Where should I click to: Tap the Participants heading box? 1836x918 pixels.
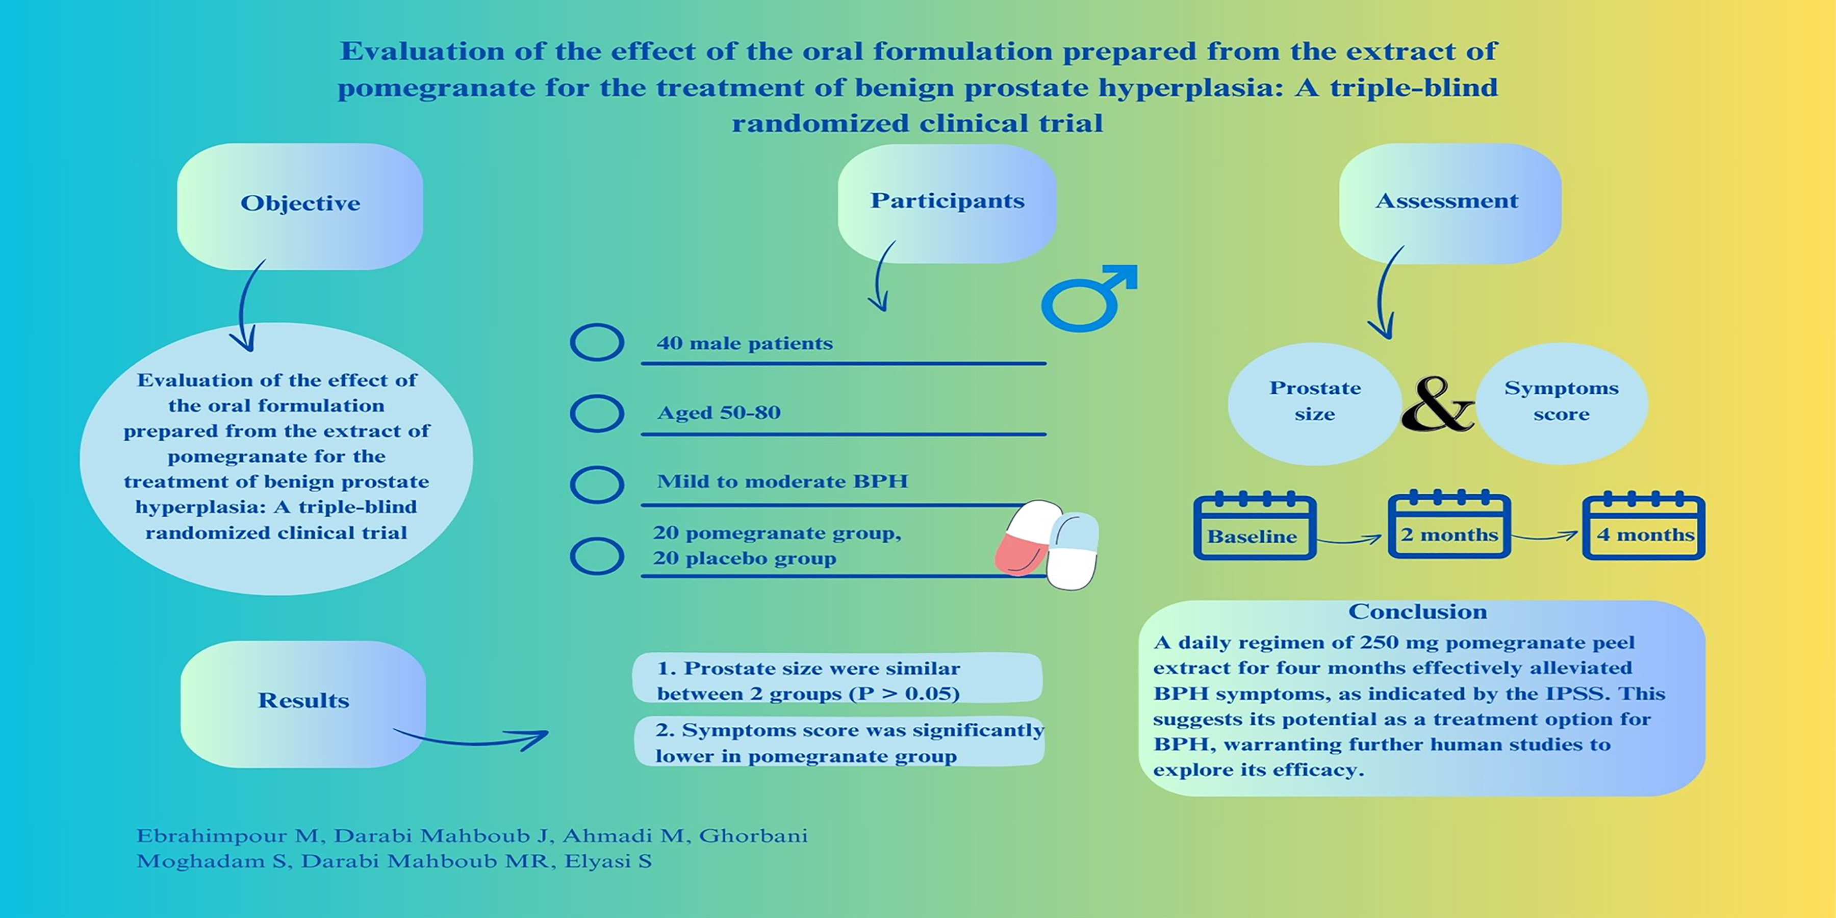pos(947,201)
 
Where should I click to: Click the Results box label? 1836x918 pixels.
pos(303,701)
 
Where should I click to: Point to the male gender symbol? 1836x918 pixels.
pos(1087,299)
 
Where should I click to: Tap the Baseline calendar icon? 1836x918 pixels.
pos(1255,527)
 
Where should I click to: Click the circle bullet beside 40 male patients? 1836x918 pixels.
pos(597,343)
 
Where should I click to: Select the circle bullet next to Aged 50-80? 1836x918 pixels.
pos(597,414)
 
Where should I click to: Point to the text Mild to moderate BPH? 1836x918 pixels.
pos(782,482)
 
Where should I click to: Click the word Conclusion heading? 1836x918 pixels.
pos(1417,612)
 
